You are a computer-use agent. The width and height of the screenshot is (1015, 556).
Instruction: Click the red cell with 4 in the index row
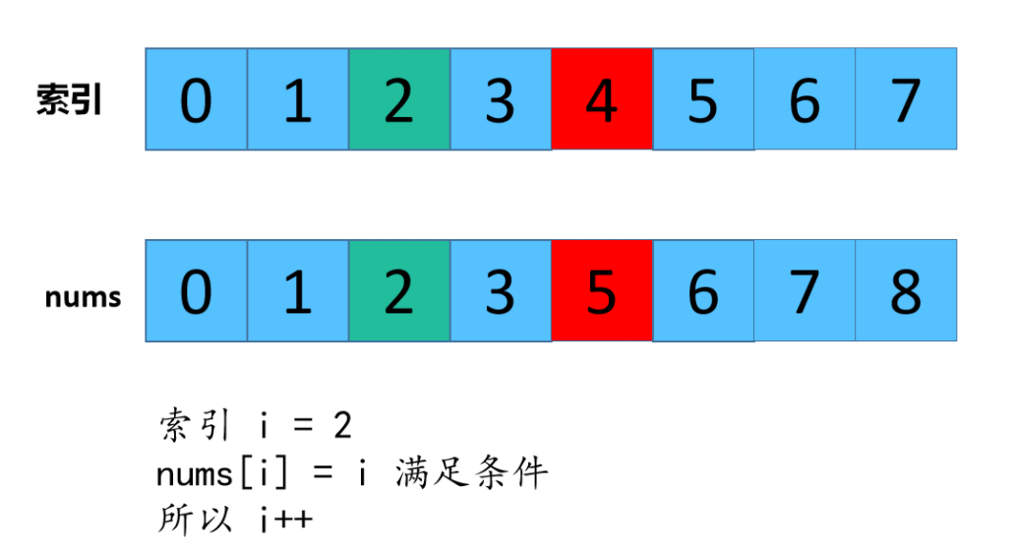[602, 99]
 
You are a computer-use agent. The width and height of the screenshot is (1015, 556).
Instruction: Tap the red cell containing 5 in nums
[602, 291]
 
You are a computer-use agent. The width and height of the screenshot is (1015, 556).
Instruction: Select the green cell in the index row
[399, 99]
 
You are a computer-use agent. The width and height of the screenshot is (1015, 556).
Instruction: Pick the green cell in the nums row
[399, 291]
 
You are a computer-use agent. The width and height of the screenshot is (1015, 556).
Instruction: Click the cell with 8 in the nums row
[906, 291]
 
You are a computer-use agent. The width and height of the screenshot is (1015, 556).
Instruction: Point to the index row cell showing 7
[906, 99]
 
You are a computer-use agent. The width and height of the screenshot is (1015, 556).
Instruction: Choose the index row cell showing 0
[197, 99]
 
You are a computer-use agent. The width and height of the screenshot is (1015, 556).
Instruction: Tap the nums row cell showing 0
[197, 291]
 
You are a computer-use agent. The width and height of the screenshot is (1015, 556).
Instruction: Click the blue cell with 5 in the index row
[703, 99]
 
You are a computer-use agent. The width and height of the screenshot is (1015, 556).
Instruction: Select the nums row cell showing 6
[703, 291]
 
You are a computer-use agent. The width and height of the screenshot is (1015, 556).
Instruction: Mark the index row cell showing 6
[805, 99]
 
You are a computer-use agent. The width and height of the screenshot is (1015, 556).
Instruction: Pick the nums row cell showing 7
[805, 291]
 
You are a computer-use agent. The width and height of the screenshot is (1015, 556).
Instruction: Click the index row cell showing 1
[298, 99]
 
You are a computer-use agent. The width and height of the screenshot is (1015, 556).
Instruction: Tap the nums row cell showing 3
[501, 291]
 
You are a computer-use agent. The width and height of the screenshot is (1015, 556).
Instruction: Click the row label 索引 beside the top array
[70, 100]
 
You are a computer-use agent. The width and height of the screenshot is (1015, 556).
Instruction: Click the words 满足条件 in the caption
[471, 474]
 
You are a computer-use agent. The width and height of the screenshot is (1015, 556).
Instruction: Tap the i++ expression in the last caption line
[286, 520]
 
